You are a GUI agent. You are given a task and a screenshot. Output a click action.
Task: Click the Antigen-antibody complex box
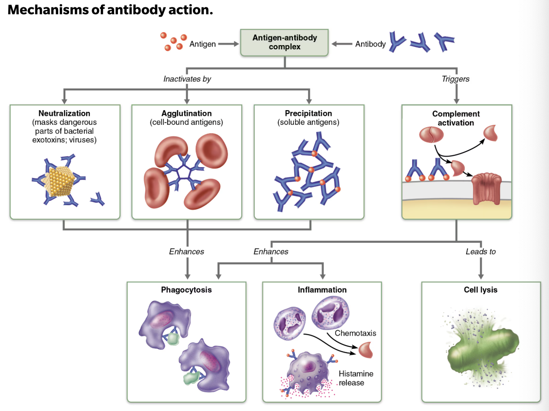tap(285, 42)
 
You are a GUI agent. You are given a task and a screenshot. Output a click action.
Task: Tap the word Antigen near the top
tap(202, 44)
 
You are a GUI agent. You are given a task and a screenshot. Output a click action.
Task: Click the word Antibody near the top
tap(370, 44)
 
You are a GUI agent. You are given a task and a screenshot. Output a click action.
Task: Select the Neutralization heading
tap(64, 113)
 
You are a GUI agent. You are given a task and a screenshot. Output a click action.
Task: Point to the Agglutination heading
tap(187, 113)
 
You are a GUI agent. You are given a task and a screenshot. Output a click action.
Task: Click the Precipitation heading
tap(308, 113)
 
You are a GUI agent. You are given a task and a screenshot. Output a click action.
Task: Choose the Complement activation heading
tap(456, 118)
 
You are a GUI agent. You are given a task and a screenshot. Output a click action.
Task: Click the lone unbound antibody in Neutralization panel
tap(98, 199)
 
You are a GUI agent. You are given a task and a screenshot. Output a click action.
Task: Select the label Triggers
tap(456, 79)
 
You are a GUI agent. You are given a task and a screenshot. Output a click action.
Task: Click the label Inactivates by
tap(187, 79)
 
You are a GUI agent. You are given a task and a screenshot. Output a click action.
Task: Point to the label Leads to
tap(480, 252)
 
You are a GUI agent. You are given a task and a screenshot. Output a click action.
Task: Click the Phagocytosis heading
tap(187, 290)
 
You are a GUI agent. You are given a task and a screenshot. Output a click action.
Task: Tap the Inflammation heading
tap(322, 290)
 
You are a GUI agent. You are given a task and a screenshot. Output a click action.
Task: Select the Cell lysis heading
tap(480, 290)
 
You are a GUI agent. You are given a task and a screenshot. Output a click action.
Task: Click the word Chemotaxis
tap(355, 333)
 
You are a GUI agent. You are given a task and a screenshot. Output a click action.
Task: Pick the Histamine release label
tap(356, 378)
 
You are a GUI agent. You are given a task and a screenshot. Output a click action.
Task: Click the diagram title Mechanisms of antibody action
tap(111, 10)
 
